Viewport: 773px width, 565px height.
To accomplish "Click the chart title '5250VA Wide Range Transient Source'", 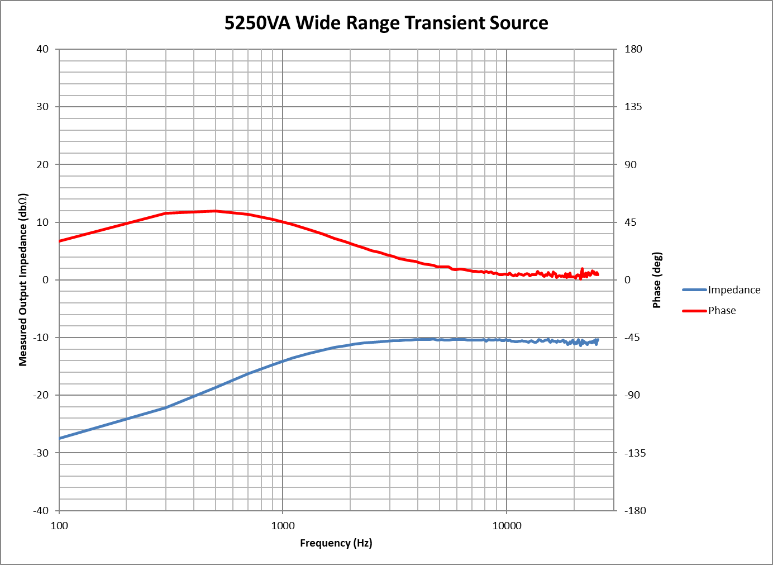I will [x=386, y=23].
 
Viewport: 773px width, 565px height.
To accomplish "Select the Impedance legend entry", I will [x=734, y=289].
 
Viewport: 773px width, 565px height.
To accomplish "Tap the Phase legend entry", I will [x=722, y=311].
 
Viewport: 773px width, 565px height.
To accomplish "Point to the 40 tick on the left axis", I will [x=42, y=49].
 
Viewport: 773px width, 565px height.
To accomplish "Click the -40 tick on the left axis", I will [x=41, y=510].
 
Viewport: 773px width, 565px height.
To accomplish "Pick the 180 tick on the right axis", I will [x=633, y=49].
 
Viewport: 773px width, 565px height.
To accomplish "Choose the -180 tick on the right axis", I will [x=634, y=510].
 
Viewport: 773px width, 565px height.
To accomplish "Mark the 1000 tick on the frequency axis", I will [x=283, y=525].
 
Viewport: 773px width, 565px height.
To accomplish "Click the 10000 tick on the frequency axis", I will [x=507, y=525].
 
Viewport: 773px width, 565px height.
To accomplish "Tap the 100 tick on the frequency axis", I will [x=59, y=525].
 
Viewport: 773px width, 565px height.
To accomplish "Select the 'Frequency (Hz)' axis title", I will [x=336, y=543].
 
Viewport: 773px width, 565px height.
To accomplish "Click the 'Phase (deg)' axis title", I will [x=657, y=280].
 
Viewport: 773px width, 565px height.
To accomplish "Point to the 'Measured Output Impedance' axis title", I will [x=23, y=280].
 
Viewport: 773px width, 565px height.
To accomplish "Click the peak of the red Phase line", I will [x=215, y=211].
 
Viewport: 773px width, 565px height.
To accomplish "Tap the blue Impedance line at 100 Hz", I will [x=60, y=438].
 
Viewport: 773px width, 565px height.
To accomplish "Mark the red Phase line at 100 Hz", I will [x=60, y=241].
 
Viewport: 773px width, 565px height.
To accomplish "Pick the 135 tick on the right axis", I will [x=633, y=107].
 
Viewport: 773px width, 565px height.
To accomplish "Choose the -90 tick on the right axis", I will [x=632, y=395].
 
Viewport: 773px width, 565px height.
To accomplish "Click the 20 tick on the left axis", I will [x=42, y=164].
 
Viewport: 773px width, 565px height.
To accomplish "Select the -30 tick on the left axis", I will [x=41, y=453].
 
